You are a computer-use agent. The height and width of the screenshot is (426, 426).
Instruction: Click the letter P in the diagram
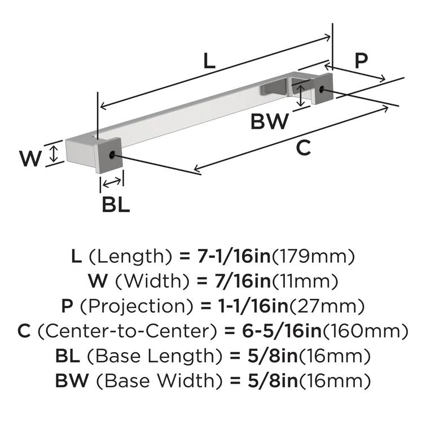click(x=361, y=60)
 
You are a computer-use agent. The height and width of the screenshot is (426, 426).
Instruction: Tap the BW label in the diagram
click(x=270, y=121)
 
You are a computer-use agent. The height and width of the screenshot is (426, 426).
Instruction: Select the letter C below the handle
click(x=303, y=147)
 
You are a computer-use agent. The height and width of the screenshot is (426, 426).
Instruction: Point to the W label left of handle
click(x=30, y=159)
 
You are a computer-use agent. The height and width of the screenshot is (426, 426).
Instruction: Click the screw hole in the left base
click(x=112, y=155)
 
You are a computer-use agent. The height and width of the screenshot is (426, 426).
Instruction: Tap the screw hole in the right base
click(x=322, y=89)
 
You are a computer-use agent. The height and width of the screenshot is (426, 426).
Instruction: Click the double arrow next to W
click(x=54, y=153)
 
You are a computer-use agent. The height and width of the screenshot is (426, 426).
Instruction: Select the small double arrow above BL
click(x=112, y=183)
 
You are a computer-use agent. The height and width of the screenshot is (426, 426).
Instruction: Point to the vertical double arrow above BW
click(x=300, y=95)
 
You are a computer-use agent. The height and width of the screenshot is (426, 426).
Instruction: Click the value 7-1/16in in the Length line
click(x=234, y=256)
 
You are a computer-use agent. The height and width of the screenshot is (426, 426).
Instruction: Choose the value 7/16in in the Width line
click(x=243, y=281)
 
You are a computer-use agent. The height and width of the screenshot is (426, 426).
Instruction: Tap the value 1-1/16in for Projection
click(x=253, y=306)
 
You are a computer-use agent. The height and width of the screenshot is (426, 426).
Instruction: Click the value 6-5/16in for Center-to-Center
click(x=282, y=331)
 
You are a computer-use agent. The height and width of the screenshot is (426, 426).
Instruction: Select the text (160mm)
click(x=365, y=331)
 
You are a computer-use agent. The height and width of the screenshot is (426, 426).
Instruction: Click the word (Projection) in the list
click(x=137, y=306)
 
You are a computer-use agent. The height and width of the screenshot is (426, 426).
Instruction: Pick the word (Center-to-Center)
click(x=128, y=331)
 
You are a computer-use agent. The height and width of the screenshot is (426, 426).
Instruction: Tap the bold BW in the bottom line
click(x=72, y=380)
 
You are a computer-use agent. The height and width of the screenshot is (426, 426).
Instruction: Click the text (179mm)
click(x=313, y=257)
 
